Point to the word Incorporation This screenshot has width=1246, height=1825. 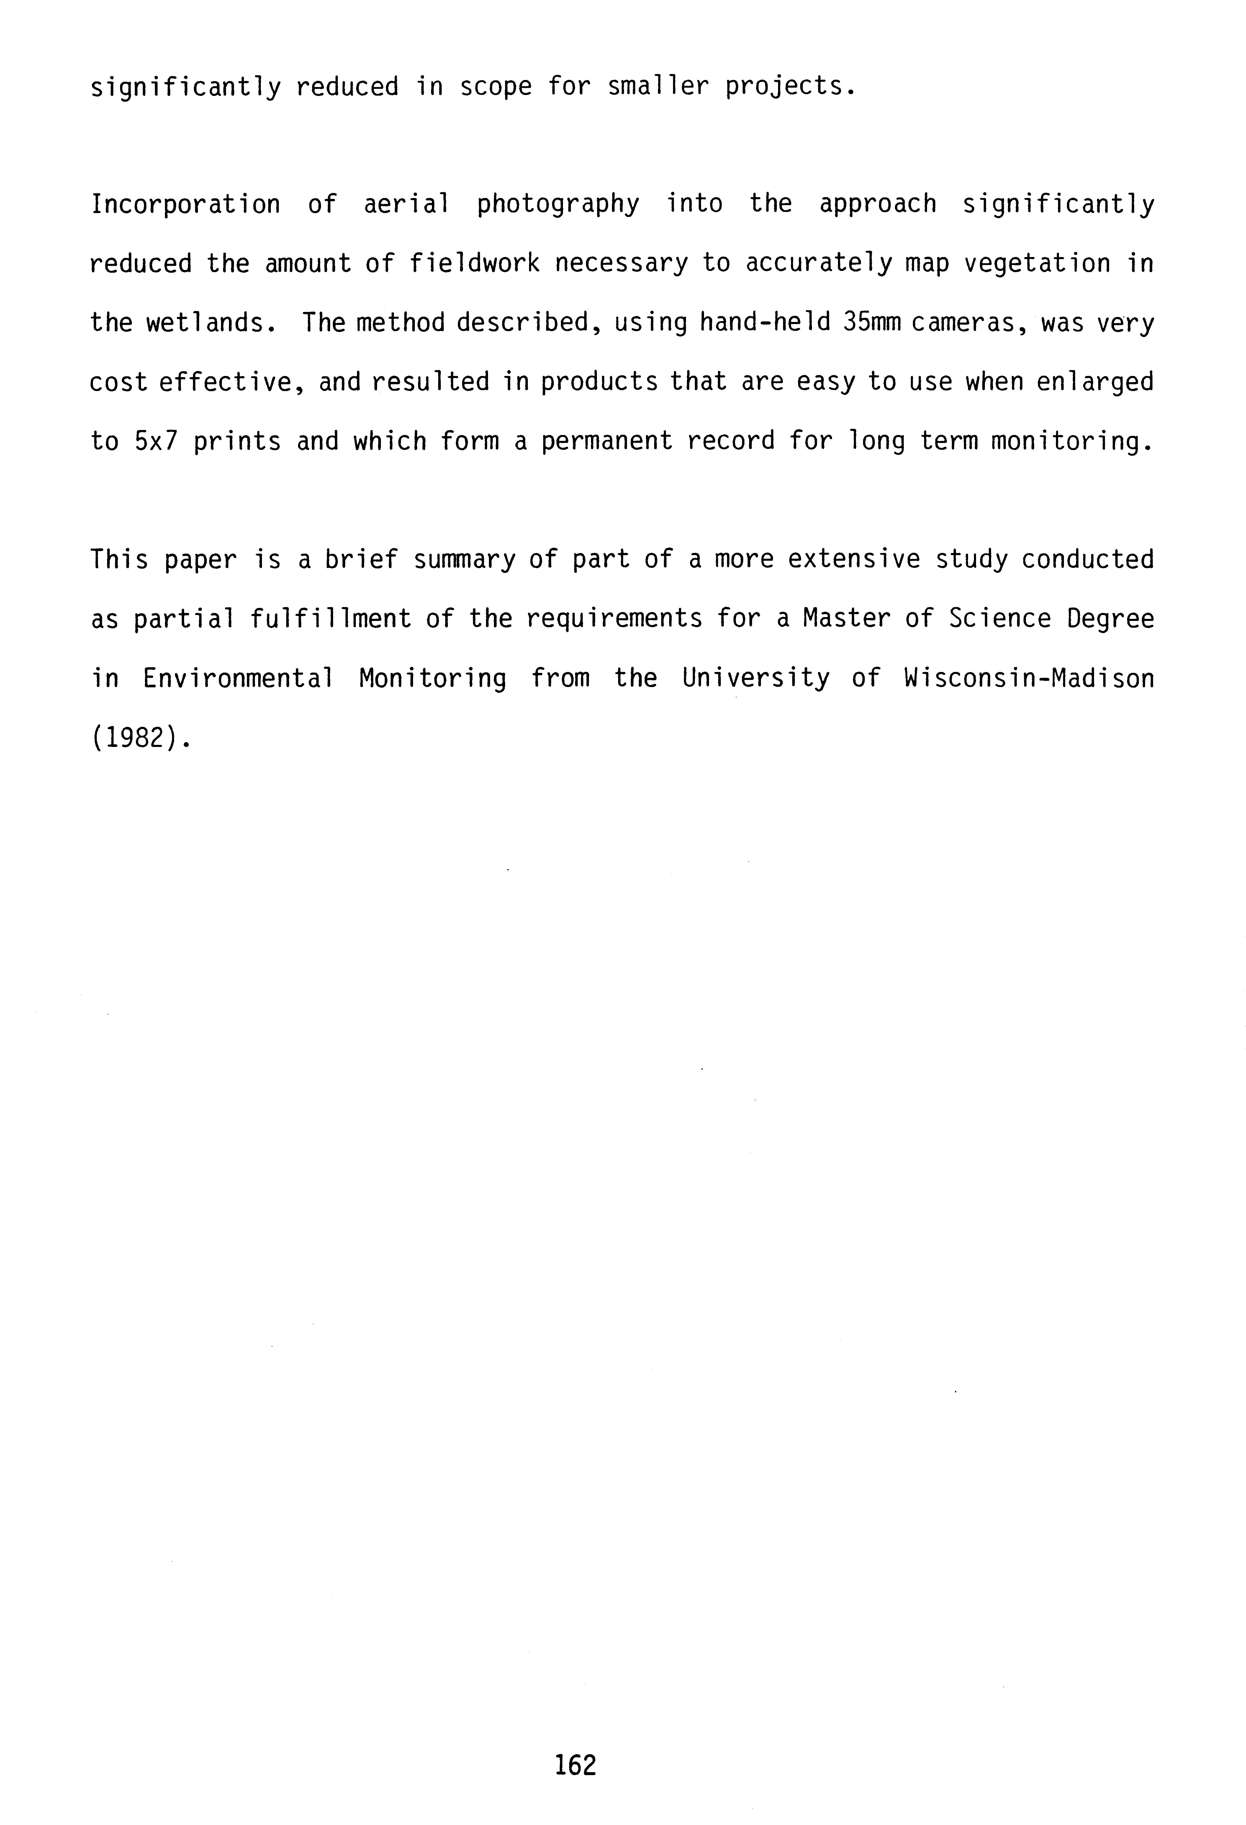[x=185, y=204]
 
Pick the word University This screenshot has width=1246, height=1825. [x=755, y=678]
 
